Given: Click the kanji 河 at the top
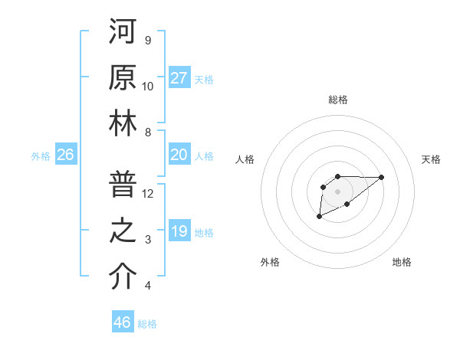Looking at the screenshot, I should click(x=122, y=31).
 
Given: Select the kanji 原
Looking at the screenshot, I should click(x=122, y=77).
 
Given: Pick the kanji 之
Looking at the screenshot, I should click(x=122, y=231).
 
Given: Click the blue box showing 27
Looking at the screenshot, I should click(x=179, y=77).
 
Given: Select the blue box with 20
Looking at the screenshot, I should click(x=179, y=155).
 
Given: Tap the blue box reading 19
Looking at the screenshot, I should click(x=179, y=231).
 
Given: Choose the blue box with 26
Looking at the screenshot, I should click(x=66, y=155).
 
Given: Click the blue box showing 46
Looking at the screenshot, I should click(x=123, y=322).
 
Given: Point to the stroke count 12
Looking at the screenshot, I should click(x=148, y=193).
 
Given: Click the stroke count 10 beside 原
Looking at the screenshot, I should click(x=148, y=86).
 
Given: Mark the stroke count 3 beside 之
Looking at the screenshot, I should click(x=148, y=240).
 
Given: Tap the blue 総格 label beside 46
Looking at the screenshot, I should click(x=147, y=324).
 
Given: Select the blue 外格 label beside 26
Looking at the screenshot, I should click(x=41, y=156).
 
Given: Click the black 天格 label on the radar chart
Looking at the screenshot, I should click(x=431, y=159).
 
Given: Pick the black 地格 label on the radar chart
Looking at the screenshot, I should click(x=402, y=262).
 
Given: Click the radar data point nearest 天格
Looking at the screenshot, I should click(x=382, y=177).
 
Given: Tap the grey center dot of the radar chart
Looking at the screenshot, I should click(x=337, y=190).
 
